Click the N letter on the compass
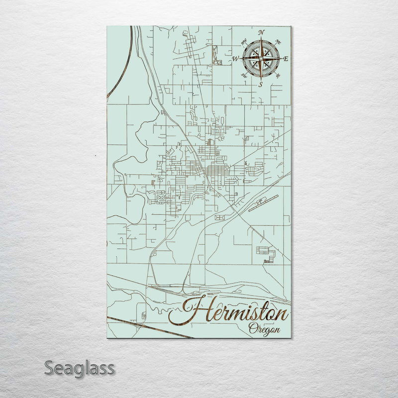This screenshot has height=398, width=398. pyautogui.click(x=262, y=33)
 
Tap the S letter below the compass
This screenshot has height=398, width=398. pyautogui.click(x=260, y=84)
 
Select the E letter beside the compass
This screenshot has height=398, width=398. pyautogui.click(x=286, y=59)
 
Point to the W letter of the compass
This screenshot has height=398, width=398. pyautogui.click(x=235, y=59)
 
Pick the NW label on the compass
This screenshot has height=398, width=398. pyautogui.click(x=244, y=42)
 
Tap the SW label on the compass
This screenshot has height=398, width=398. pyautogui.click(x=244, y=75)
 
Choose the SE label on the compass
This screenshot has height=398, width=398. pyautogui.click(x=278, y=76)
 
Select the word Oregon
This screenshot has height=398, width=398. pyautogui.click(x=264, y=329)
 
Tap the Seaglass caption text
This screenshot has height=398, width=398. pyautogui.click(x=80, y=369)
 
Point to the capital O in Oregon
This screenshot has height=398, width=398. pyautogui.click(x=252, y=328)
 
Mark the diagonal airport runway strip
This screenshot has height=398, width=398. pyautogui.click(x=261, y=203)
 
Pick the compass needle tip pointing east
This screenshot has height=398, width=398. pyautogui.click(x=282, y=59)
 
